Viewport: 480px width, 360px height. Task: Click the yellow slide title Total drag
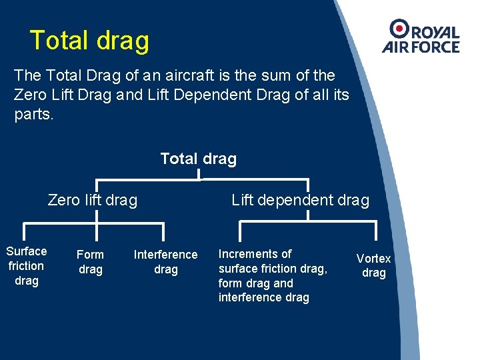(x=89, y=41)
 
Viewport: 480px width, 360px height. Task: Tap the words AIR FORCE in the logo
(x=421, y=47)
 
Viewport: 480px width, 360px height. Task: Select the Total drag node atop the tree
(x=198, y=159)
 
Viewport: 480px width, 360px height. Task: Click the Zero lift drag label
(x=93, y=200)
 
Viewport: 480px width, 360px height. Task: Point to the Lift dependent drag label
(x=300, y=200)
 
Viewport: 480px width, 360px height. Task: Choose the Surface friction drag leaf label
(x=27, y=266)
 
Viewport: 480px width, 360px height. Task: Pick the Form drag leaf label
(x=90, y=262)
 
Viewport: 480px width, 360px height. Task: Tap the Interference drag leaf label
(x=165, y=262)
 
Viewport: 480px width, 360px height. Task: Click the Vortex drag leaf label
(x=373, y=265)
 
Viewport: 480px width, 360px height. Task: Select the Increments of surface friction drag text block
(x=272, y=275)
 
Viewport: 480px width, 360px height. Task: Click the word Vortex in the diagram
(x=373, y=258)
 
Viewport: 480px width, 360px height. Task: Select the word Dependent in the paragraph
(x=203, y=95)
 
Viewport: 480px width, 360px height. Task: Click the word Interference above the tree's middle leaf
(x=165, y=255)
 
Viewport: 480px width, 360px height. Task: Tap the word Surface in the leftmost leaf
(x=27, y=251)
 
